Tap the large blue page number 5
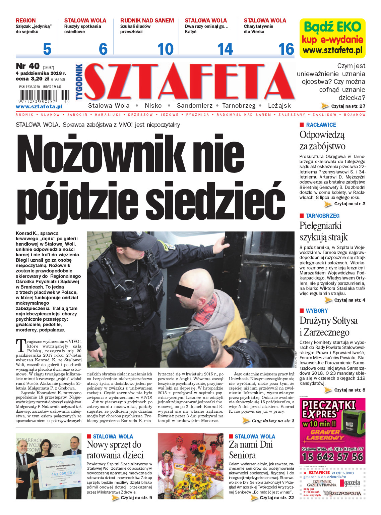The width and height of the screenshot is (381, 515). [x=47, y=49]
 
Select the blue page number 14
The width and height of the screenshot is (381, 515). [x=225, y=49]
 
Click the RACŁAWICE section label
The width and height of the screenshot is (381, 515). [x=321, y=125]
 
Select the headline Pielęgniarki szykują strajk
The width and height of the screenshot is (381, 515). [x=323, y=231]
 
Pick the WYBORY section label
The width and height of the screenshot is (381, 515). [x=317, y=311]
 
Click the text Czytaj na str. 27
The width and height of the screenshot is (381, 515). [x=348, y=106]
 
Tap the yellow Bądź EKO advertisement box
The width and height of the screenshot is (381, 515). [x=332, y=38]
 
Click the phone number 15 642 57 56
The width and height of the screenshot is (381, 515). [x=332, y=457]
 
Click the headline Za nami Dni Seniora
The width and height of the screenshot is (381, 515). [x=251, y=450]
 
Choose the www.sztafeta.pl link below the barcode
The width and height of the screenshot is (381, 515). [x=39, y=107]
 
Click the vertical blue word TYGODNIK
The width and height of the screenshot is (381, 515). [x=79, y=82]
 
